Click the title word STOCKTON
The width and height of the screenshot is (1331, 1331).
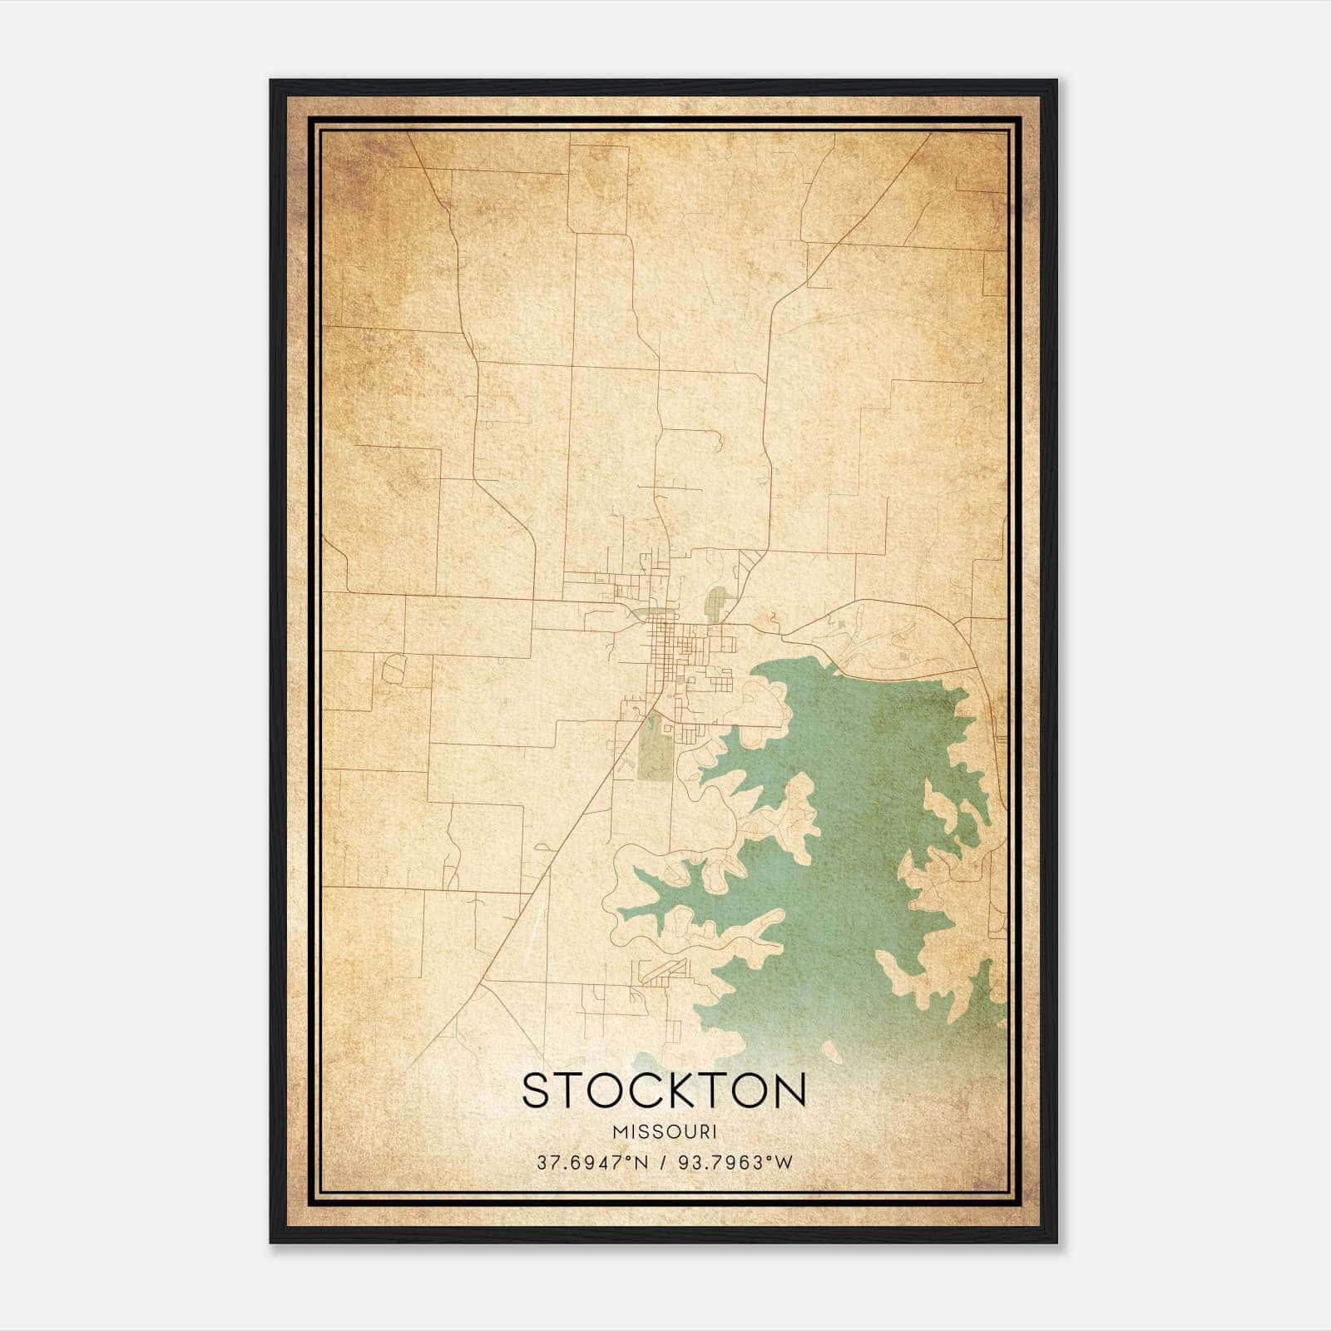pos(664,1091)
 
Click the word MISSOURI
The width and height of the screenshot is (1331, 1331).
pos(664,1131)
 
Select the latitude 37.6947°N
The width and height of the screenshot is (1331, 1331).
pos(591,1162)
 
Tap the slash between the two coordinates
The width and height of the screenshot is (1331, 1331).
pos(663,1162)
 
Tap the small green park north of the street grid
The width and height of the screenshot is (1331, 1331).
pos(715,601)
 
